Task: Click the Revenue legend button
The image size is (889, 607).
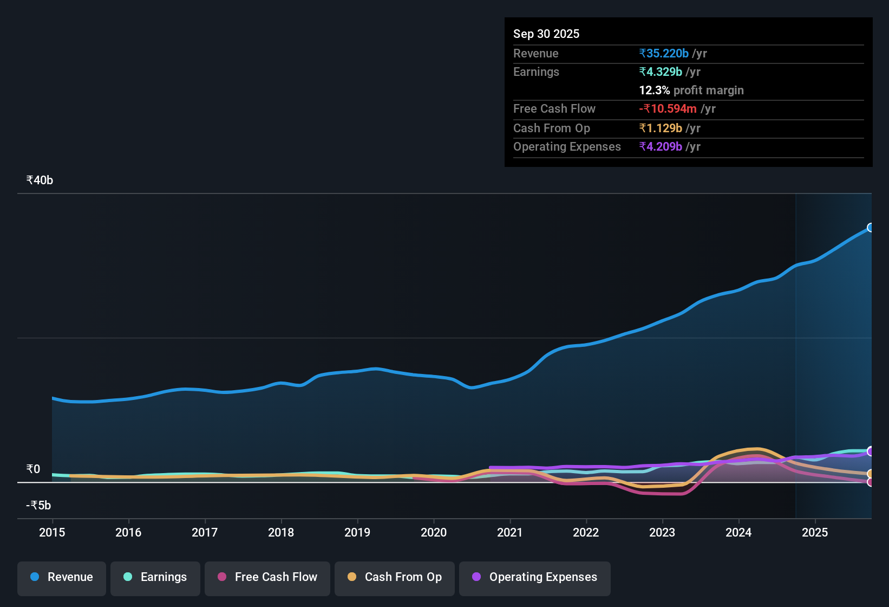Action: (62, 577)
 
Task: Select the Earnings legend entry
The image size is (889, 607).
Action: (155, 577)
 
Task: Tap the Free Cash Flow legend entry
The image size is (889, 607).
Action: (267, 577)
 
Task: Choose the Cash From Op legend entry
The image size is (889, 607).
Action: (395, 577)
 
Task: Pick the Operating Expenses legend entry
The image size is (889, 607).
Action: (535, 577)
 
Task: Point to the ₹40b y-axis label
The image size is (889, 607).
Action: (40, 180)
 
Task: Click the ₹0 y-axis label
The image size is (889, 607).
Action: (33, 469)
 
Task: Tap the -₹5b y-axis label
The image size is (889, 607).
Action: (38, 506)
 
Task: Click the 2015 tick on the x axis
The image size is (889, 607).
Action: (52, 533)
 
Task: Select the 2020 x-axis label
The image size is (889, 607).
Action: (434, 533)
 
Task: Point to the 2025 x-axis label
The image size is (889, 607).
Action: (815, 533)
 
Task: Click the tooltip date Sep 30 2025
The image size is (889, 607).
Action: (546, 34)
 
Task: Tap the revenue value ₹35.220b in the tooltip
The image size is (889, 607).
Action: (664, 54)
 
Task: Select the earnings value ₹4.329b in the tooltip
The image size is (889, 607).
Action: (661, 72)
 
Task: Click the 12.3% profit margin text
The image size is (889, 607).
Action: (691, 91)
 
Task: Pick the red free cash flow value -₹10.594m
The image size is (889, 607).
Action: (668, 109)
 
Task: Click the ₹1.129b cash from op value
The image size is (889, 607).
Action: (661, 128)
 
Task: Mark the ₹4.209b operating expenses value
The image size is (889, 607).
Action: (661, 147)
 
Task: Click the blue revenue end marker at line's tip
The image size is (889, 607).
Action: (870, 228)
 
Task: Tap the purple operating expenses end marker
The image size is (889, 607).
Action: (870, 451)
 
